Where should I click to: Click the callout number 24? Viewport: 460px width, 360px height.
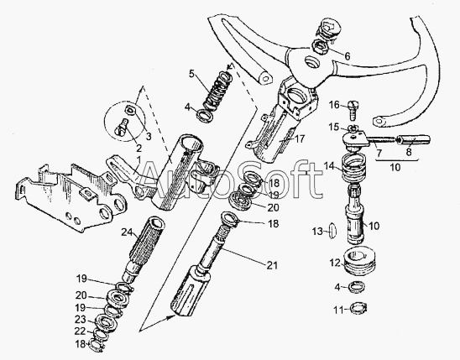click(x=128, y=232)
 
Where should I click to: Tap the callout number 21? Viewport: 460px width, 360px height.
click(x=272, y=265)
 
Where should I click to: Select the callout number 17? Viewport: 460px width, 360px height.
click(x=300, y=138)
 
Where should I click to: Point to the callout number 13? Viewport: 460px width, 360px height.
click(x=317, y=232)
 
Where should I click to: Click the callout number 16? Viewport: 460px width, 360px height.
click(x=334, y=105)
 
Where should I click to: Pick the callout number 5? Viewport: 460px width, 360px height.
click(x=191, y=73)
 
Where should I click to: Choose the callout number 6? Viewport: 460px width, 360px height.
click(x=348, y=56)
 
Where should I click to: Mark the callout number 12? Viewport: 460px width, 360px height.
click(x=334, y=263)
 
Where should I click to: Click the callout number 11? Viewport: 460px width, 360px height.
click(x=338, y=310)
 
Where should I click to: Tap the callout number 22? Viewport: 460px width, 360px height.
click(x=80, y=331)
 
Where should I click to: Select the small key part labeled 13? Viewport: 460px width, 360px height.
click(x=332, y=231)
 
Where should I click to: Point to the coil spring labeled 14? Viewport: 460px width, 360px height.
click(x=354, y=168)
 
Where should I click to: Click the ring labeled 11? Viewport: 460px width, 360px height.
click(x=358, y=308)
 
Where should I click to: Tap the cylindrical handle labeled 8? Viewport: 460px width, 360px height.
click(x=413, y=139)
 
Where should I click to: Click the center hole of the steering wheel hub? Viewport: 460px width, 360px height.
click(x=311, y=62)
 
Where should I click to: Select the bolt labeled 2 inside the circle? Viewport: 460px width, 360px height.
click(x=121, y=128)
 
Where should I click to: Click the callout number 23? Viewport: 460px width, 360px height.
click(x=80, y=320)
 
